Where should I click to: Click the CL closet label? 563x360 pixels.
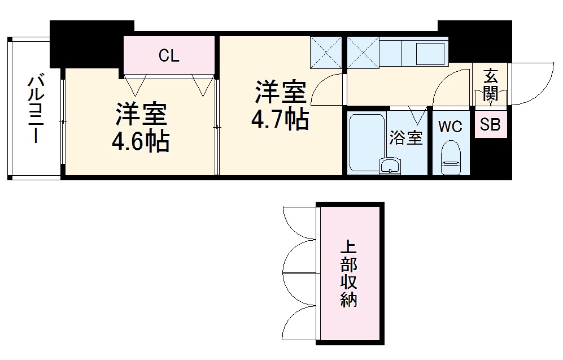168,55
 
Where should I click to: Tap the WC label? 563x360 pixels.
450,127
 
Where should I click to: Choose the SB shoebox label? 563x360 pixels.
490,125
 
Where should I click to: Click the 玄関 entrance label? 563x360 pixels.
491,84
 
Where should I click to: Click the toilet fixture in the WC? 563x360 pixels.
451,159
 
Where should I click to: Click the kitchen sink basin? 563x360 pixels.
430,55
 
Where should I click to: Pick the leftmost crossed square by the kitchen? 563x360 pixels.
326,51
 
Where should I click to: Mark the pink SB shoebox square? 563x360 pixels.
490,125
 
